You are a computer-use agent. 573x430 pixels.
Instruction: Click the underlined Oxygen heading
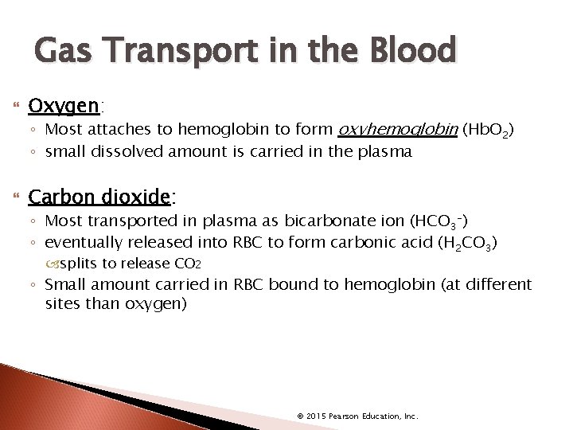coord(64,106)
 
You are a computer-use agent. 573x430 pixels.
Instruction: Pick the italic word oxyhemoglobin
coord(399,130)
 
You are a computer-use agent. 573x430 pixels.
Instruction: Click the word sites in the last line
coord(63,304)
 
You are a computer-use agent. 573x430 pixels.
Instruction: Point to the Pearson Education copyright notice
coord(357,416)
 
